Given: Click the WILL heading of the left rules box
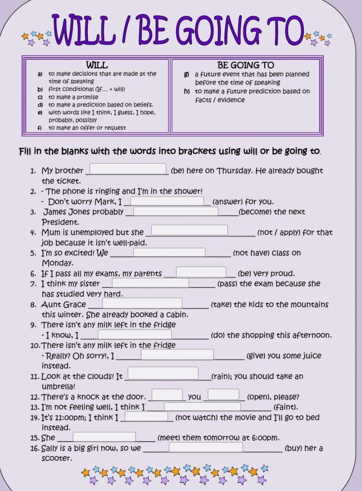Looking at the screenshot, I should [97, 65].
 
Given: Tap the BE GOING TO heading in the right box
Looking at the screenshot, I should [245, 65].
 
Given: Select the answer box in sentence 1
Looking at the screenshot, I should [128, 169].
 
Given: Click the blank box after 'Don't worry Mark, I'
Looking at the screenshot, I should [167, 201].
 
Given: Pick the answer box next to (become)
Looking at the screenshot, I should [176, 211].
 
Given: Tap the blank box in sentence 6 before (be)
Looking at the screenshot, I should [201, 272].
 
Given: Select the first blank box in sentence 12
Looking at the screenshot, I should [167, 395].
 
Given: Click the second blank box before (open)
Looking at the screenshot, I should [223, 395].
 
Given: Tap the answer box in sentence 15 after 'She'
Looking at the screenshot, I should [104, 437].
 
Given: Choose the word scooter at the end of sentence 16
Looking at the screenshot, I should [56, 458].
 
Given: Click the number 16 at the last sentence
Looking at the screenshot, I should [35, 448].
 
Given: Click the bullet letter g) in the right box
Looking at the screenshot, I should [187, 74].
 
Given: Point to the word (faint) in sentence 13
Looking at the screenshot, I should [285, 407].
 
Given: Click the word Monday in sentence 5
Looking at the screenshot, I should [57, 263].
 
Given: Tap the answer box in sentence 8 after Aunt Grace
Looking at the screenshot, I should [142, 303].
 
